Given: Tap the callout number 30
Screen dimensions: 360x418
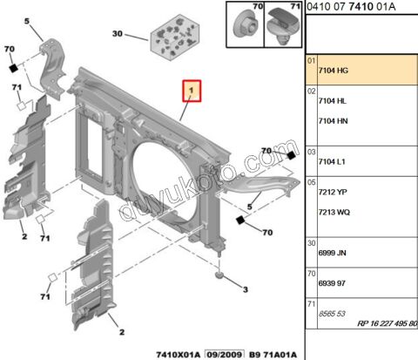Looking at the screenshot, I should tap(118, 35).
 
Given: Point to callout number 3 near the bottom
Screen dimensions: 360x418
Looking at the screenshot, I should tap(246, 290).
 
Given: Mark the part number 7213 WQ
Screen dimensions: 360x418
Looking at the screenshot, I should tap(336, 214).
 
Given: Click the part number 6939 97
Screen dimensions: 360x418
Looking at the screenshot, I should tap(333, 284).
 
